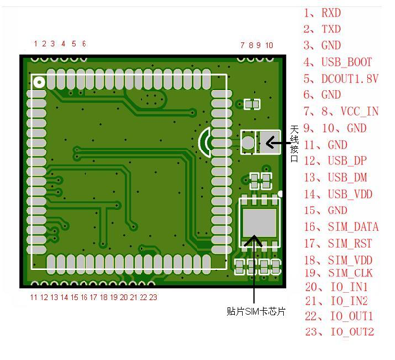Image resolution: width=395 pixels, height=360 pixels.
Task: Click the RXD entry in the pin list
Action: [331, 13]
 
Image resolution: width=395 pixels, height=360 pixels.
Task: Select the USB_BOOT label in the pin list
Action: [347, 62]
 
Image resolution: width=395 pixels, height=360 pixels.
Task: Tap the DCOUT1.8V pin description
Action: [350, 79]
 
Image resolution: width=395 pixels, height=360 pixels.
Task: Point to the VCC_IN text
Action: [360, 111]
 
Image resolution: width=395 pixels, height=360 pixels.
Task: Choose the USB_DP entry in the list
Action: [347, 161]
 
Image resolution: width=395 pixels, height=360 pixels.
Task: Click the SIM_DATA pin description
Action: [354, 227]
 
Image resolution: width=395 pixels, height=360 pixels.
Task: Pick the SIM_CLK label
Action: [351, 273]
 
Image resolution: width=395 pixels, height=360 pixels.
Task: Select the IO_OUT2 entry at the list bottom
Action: [352, 331]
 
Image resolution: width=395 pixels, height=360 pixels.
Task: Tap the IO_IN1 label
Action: [349, 287]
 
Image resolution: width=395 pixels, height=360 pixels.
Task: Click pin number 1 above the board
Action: [36, 43]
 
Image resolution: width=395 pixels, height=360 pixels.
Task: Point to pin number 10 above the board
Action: [269, 45]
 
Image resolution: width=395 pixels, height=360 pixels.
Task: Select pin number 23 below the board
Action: [153, 297]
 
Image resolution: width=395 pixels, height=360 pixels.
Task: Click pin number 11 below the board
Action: [34, 297]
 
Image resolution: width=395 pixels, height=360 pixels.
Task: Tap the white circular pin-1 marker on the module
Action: [40, 82]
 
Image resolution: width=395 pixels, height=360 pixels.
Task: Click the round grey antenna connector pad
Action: [248, 142]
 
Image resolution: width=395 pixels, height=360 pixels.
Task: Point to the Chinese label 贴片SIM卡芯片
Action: [255, 311]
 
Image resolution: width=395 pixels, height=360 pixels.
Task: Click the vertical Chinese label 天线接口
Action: [294, 144]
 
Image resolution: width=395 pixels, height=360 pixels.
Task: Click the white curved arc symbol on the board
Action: [203, 142]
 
